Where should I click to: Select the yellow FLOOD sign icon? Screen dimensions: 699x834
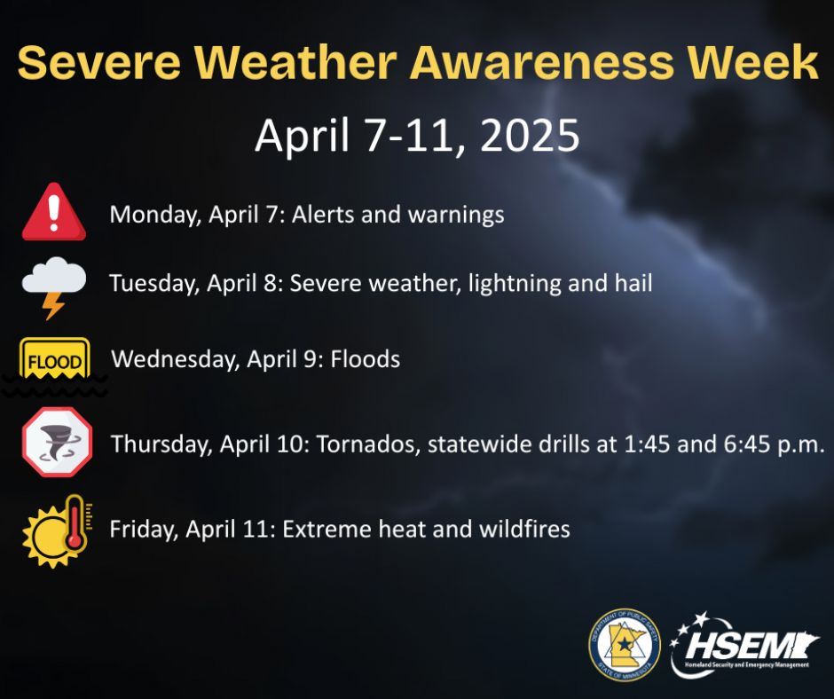coord(55,362)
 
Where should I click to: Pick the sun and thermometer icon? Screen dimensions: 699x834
coord(55,530)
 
